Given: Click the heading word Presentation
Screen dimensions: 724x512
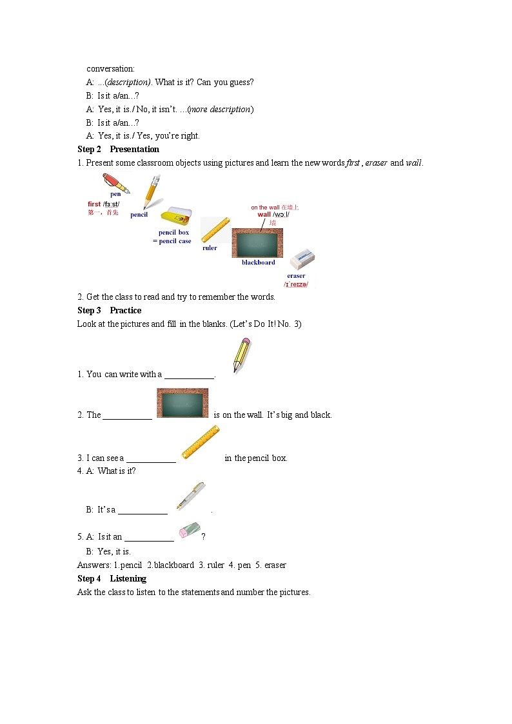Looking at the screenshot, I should click(x=134, y=149).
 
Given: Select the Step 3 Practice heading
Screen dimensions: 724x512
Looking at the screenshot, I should click(x=109, y=310).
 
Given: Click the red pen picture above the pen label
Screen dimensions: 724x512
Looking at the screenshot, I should click(x=115, y=182).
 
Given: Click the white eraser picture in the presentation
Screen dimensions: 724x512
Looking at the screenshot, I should click(x=302, y=260).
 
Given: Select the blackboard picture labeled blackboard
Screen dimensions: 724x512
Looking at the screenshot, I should click(x=257, y=243).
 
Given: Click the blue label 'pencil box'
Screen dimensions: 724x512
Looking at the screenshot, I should click(x=174, y=232).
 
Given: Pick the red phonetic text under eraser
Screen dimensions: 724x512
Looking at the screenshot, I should click(x=296, y=284).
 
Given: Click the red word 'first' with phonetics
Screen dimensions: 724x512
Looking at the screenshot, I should click(x=94, y=204).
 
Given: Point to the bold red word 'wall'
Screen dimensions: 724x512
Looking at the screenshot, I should click(x=264, y=215).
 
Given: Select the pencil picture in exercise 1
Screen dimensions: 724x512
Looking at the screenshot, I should click(x=242, y=355).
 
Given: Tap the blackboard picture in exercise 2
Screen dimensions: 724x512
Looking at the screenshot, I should click(x=182, y=404).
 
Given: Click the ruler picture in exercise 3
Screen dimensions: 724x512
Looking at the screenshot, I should click(x=201, y=442).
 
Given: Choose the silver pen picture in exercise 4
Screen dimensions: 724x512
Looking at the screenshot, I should click(x=191, y=496).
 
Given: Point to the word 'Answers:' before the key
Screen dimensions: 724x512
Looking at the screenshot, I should click(x=94, y=565).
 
